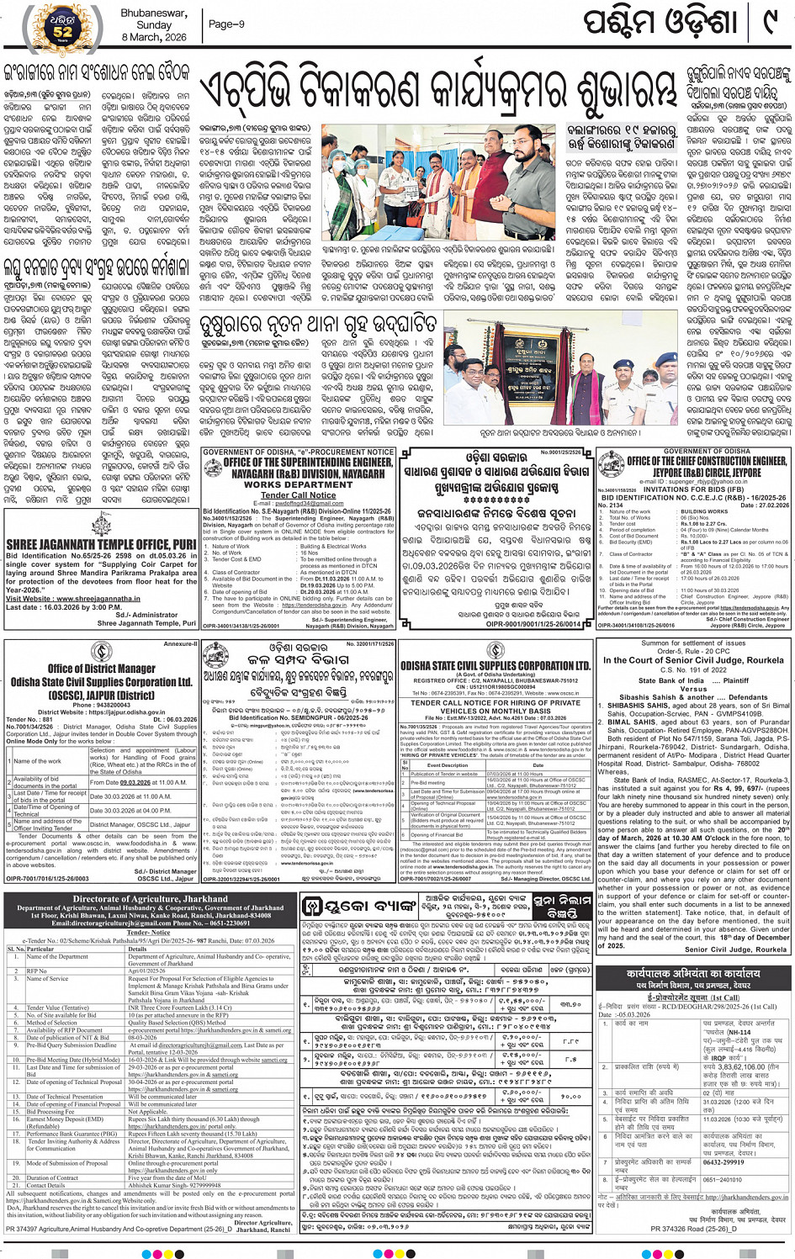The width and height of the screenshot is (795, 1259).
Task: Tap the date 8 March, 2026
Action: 154,37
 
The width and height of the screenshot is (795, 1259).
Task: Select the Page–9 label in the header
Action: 226,24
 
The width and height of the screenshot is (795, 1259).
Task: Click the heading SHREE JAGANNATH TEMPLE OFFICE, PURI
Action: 100,545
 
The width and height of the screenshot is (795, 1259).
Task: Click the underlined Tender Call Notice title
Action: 298,495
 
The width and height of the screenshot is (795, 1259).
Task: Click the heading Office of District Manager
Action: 101,669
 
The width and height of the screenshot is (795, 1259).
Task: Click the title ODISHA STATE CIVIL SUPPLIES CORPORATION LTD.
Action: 496,666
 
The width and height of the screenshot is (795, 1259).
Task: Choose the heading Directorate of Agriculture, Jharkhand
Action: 151,898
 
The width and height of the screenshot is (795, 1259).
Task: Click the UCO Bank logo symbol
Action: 312,905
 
